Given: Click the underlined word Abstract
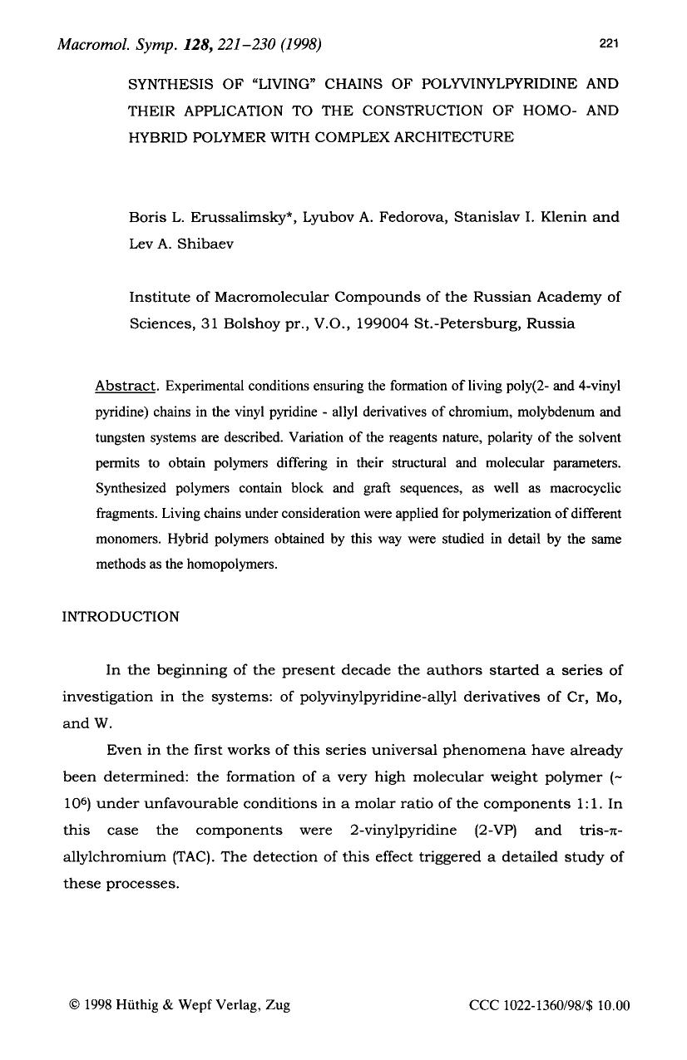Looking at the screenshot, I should [x=126, y=387].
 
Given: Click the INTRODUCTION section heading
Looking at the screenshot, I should [x=121, y=617].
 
